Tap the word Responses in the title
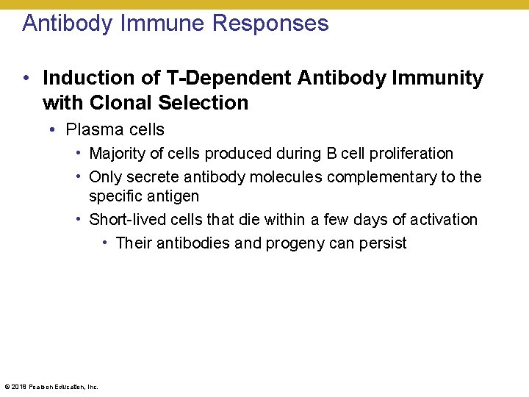(270, 24)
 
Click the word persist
(383, 243)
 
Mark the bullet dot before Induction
(26, 78)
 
